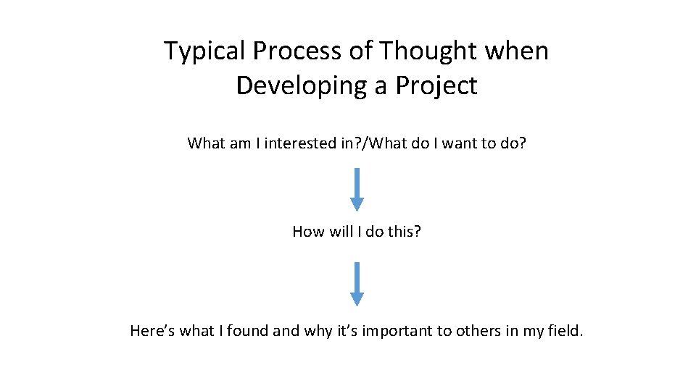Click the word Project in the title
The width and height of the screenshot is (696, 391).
pos(436,85)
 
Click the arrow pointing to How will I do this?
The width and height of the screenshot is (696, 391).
pos(356,189)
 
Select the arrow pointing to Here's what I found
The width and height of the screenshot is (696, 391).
pos(356,283)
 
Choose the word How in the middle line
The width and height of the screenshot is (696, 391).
pos(307,232)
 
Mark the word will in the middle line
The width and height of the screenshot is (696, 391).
pos(339,232)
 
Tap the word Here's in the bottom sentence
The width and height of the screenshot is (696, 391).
pos(152,331)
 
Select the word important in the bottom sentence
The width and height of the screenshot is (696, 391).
pos(396,331)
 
